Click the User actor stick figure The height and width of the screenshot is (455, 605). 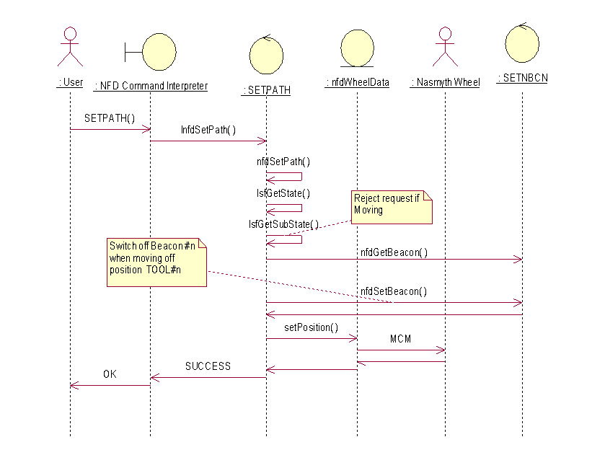pyautogui.click(x=70, y=46)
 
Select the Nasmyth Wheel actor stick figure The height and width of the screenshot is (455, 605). pyautogui.click(x=444, y=46)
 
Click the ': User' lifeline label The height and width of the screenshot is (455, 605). pyautogui.click(x=70, y=82)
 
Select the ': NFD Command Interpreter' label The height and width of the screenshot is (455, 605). pyautogui.click(x=151, y=86)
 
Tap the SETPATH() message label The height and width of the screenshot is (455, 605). pyautogui.click(x=110, y=118)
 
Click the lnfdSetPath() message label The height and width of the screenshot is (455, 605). pyautogui.click(x=208, y=131)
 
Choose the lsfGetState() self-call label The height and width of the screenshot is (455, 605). pyautogui.click(x=283, y=193)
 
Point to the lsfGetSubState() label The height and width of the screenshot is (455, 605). pyautogui.click(x=283, y=224)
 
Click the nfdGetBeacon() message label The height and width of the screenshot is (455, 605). pyautogui.click(x=394, y=252)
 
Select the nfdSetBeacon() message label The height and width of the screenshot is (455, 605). pyautogui.click(x=394, y=291)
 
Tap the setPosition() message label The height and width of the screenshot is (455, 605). pyautogui.click(x=311, y=327)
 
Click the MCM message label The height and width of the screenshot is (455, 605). pyautogui.click(x=400, y=338)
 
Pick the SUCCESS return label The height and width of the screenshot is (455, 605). pyautogui.click(x=208, y=366)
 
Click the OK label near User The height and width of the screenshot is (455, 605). pyautogui.click(x=110, y=374)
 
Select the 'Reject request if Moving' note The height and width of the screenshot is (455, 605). pyautogui.click(x=392, y=207)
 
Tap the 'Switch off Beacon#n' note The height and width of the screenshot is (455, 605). pyautogui.click(x=155, y=262)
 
